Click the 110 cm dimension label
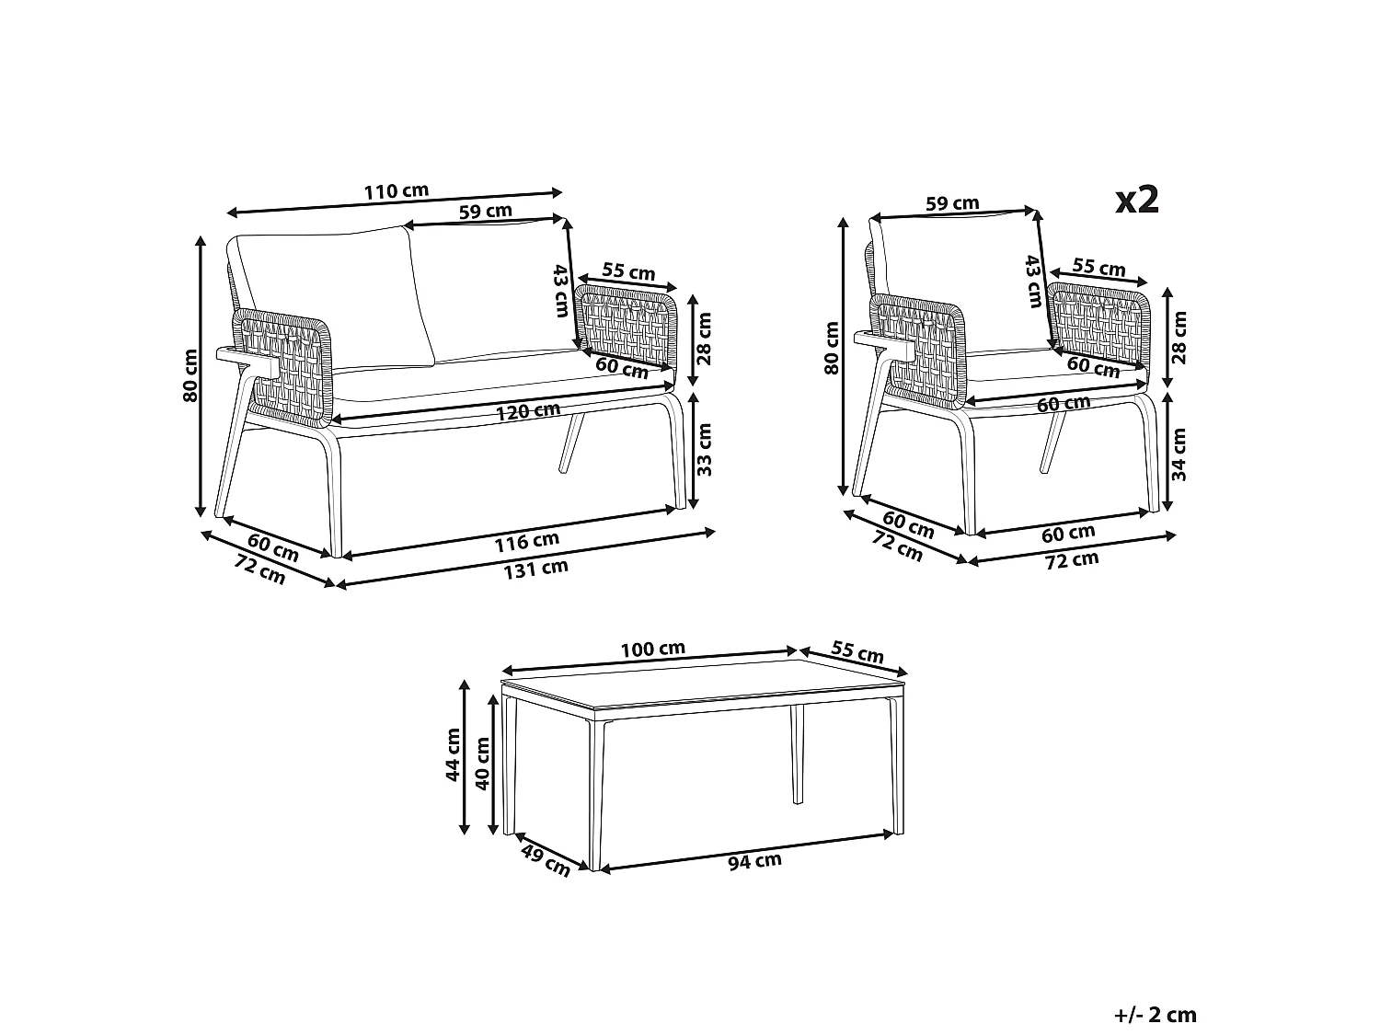pos(396,192)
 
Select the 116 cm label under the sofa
pos(526,542)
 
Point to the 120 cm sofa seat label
pos(527,410)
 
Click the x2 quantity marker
pos(1136,199)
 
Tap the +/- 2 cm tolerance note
pos(1156,1015)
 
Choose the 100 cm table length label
pos(652,649)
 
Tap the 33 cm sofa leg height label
pos(706,448)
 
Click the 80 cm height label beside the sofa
pos(190,375)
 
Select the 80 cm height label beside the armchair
pos(832,348)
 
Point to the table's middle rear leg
pos(797,754)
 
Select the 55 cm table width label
pos(857,652)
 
